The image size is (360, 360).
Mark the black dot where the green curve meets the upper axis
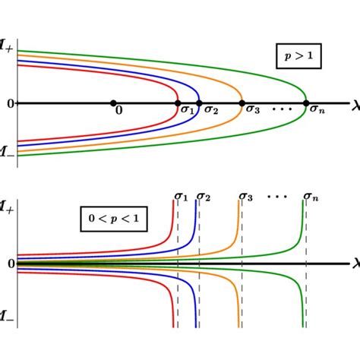pyautogui.click(x=306, y=103)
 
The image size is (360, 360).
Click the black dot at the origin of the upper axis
pyautogui.click(x=112, y=103)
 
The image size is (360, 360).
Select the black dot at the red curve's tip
pyautogui.click(x=178, y=103)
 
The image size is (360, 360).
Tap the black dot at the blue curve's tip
pyautogui.click(x=199, y=103)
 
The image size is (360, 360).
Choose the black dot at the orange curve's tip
pyautogui.click(x=242, y=103)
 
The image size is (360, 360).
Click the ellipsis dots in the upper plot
pyautogui.click(x=282, y=109)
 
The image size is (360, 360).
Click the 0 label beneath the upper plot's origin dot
pyautogui.click(x=118, y=110)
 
